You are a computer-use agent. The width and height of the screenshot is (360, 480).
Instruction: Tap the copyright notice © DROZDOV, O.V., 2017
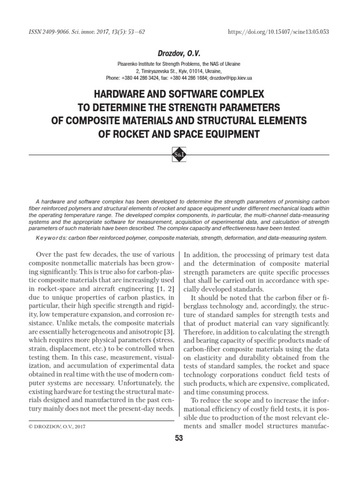point(53,427)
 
